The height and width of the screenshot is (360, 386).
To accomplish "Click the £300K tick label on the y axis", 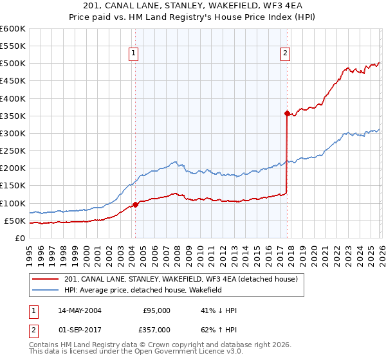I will pyautogui.click(x=13, y=134).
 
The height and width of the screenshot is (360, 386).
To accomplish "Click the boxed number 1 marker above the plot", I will pyautogui.click(x=133, y=54).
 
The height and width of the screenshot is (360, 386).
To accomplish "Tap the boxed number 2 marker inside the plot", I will pyautogui.click(x=284, y=54).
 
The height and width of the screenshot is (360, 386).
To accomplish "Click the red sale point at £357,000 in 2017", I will pyautogui.click(x=286, y=113).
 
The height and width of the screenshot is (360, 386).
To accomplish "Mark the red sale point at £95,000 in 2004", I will pyautogui.click(x=135, y=205).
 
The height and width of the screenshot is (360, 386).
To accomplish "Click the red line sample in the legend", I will pyautogui.click(x=46, y=280).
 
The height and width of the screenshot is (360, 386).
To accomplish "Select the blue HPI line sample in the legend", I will pyautogui.click(x=46, y=291).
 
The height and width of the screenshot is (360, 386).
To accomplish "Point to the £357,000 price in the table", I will pyautogui.click(x=156, y=329).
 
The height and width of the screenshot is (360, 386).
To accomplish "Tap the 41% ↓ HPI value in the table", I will pyautogui.click(x=219, y=310).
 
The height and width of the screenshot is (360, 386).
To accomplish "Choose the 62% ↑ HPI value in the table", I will pyautogui.click(x=219, y=329).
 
